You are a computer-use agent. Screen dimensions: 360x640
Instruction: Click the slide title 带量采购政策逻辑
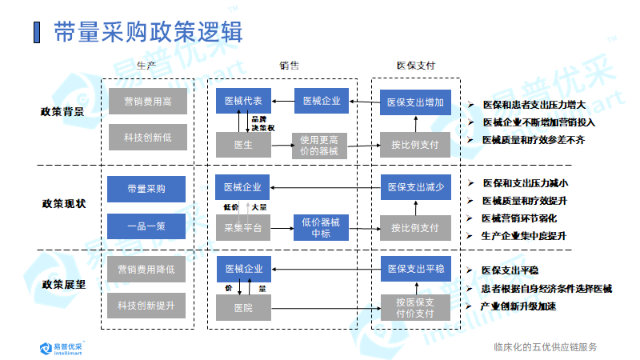pos(148,33)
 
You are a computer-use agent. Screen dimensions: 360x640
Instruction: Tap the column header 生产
pos(146,66)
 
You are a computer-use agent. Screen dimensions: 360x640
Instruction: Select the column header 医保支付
pos(416,66)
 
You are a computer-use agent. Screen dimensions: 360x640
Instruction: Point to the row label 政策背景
pos(63,111)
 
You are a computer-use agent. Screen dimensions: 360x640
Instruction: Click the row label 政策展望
pos(63,284)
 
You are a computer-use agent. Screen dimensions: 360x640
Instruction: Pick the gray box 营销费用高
pos(148,102)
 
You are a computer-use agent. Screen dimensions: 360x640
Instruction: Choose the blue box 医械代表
pos(243,101)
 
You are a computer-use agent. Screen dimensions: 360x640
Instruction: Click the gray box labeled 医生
pos(243,145)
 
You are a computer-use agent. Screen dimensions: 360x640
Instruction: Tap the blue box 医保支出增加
pos(415,102)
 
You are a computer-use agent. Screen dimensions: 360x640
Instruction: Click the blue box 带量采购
pos(146,190)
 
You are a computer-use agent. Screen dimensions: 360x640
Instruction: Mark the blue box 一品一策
pos(146,226)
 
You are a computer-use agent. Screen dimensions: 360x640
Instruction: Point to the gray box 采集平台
pos(243,227)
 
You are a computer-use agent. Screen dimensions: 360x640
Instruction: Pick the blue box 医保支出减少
pos(415,187)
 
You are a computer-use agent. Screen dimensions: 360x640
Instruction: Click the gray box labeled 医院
pos(243,307)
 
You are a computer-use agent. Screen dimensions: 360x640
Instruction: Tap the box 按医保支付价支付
pos(415,307)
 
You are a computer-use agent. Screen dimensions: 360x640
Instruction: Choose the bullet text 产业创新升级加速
pos(518,306)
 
